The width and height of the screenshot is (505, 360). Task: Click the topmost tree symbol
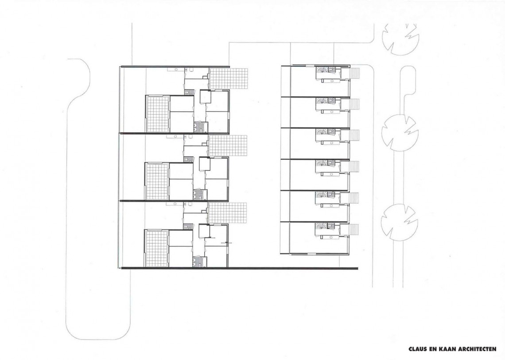click(400, 39)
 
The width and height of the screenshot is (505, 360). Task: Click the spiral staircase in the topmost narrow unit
click(321, 71)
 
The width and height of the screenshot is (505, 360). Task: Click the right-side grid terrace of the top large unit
click(228, 78)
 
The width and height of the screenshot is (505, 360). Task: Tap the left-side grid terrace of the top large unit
click(158, 113)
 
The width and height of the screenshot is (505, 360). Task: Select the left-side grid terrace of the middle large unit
click(158, 181)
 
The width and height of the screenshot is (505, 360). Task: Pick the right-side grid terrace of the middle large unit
click(228, 146)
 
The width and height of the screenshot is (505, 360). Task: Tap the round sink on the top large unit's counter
click(176, 69)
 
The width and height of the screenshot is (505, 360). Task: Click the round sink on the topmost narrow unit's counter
click(331, 79)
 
